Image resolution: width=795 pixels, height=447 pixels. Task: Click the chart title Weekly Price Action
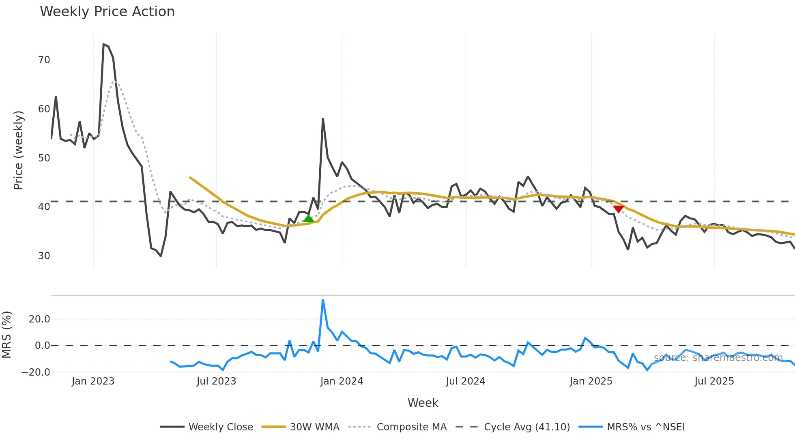(x=107, y=11)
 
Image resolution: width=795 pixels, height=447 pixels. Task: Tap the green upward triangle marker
(x=309, y=219)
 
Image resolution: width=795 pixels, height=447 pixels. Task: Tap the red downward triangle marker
(x=618, y=209)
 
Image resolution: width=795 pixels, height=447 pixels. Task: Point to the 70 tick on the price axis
(x=44, y=60)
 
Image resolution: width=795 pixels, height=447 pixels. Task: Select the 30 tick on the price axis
(x=44, y=256)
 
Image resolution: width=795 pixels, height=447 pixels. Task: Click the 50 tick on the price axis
(x=44, y=158)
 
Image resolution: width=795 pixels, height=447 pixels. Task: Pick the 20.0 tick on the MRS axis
(x=39, y=319)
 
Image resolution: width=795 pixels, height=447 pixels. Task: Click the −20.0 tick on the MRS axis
(x=36, y=372)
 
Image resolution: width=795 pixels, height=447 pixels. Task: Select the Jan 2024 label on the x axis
(x=342, y=381)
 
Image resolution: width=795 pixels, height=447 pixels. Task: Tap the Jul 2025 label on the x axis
(x=714, y=381)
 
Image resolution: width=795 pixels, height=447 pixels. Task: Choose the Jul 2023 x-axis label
(x=216, y=381)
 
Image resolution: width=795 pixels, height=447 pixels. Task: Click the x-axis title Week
(x=423, y=403)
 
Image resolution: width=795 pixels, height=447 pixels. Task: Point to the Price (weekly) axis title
(x=18, y=150)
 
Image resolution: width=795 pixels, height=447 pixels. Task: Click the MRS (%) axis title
(x=6, y=335)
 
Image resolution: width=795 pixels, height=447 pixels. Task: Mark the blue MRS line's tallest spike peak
(x=323, y=300)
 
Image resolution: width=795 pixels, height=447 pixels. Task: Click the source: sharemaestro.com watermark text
(x=718, y=358)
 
